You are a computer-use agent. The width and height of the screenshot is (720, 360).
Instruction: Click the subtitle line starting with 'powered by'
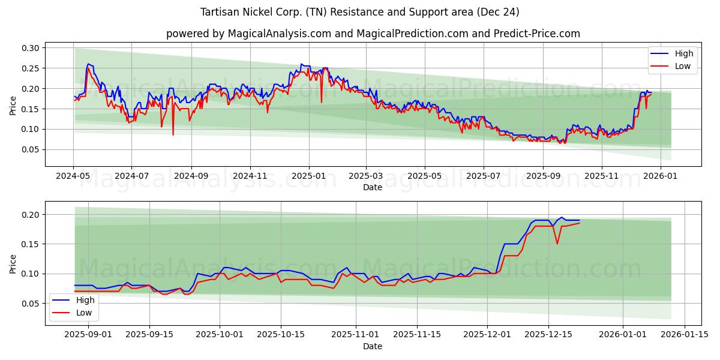click(x=373, y=34)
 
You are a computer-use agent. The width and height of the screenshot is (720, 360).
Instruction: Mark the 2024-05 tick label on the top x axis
click(x=74, y=176)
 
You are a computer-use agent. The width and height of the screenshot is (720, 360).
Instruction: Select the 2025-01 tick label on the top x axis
click(x=309, y=176)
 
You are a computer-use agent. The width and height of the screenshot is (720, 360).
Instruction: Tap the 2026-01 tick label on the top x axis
click(x=661, y=176)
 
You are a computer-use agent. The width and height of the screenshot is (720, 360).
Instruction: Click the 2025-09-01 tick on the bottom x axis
click(x=88, y=335)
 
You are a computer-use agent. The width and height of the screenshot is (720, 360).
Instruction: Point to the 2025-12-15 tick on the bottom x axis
click(x=548, y=335)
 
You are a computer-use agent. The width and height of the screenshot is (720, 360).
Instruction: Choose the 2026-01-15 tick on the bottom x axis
click(x=683, y=335)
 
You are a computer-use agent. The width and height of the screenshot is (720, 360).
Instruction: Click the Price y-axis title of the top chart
click(x=13, y=106)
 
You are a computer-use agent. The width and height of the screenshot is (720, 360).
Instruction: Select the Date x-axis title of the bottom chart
click(x=373, y=346)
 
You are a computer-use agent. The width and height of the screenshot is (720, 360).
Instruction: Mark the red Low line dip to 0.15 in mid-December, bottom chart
click(x=557, y=244)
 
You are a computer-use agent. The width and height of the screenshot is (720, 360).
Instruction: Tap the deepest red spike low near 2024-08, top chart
click(x=173, y=135)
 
